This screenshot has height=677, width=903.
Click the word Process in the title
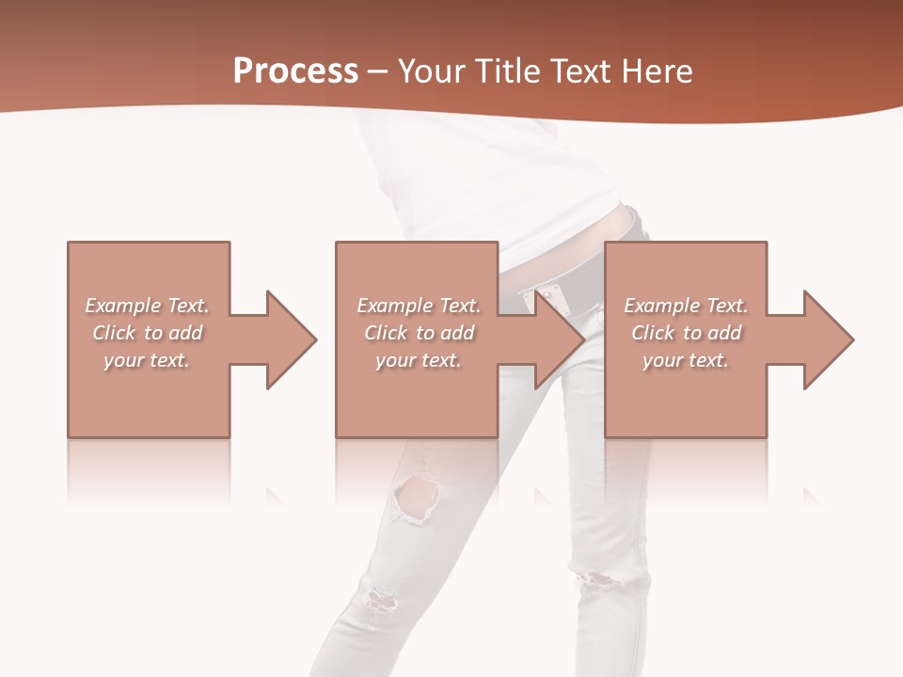click(x=295, y=71)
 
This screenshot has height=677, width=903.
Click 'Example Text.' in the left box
click(x=147, y=306)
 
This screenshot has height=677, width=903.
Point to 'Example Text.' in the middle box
click(x=418, y=306)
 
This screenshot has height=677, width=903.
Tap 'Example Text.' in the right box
click(x=686, y=306)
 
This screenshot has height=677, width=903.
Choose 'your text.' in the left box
click(x=147, y=360)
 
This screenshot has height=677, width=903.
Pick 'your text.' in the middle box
click(x=418, y=360)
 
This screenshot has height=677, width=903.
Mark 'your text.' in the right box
click(x=686, y=360)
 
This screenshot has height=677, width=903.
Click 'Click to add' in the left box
click(x=147, y=333)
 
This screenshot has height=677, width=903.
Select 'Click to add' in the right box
click(x=686, y=333)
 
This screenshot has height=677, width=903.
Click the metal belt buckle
click(x=545, y=300)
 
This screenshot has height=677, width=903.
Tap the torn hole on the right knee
click(x=599, y=576)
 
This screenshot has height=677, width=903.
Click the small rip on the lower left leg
click(x=379, y=598)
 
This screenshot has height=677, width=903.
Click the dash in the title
click(x=378, y=71)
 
